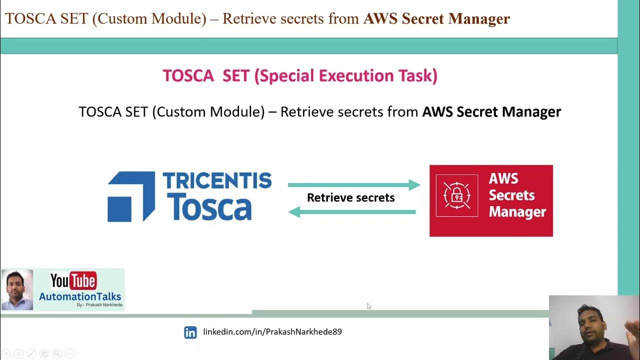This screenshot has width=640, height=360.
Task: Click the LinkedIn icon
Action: click(190, 332)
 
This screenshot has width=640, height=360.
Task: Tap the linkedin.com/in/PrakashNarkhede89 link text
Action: click(272, 331)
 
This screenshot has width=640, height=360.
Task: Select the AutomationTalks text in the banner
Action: click(80, 296)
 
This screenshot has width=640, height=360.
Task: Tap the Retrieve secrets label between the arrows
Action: click(350, 198)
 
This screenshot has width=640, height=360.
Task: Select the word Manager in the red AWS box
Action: click(517, 212)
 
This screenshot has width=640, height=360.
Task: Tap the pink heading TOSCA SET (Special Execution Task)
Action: click(300, 76)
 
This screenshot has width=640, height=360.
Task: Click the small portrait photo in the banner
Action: click(17, 289)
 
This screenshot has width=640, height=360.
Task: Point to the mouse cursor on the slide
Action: click(368, 305)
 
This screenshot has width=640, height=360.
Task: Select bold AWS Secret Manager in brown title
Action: click(436, 19)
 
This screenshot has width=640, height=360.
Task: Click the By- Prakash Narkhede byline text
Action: click(99, 305)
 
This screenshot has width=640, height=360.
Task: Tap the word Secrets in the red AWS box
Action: click(511, 195)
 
